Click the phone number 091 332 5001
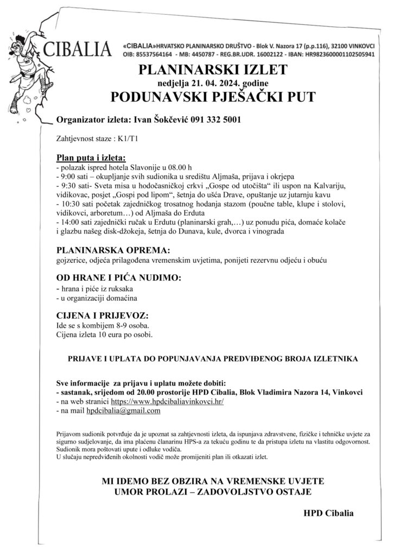click(x=215, y=119)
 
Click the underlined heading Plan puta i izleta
click(x=91, y=157)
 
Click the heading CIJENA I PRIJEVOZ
click(x=103, y=315)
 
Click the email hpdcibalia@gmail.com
click(x=123, y=411)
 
